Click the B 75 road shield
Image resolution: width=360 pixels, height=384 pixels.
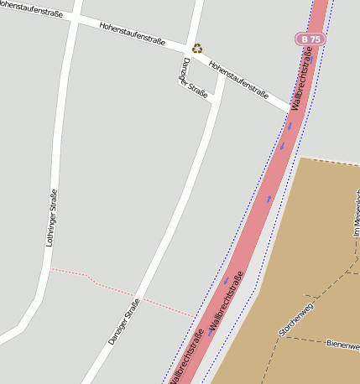pos(310,39)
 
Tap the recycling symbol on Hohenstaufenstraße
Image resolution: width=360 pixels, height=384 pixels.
pos(197,49)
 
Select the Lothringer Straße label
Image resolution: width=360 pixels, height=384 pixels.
pos(52,217)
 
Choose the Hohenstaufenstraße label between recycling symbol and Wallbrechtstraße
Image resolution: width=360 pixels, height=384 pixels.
pos(238,80)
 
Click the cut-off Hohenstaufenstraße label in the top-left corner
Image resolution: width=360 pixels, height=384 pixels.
pos(31,10)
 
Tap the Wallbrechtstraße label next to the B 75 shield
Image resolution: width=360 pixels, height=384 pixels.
pos(301,80)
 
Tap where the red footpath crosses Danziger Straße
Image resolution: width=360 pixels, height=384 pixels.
pos(134,295)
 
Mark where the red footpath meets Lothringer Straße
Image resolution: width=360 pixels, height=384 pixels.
pos(50,269)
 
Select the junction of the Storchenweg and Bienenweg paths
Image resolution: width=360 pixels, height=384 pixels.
pos(303,338)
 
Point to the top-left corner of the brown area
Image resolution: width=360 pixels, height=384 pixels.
pos(301,158)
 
